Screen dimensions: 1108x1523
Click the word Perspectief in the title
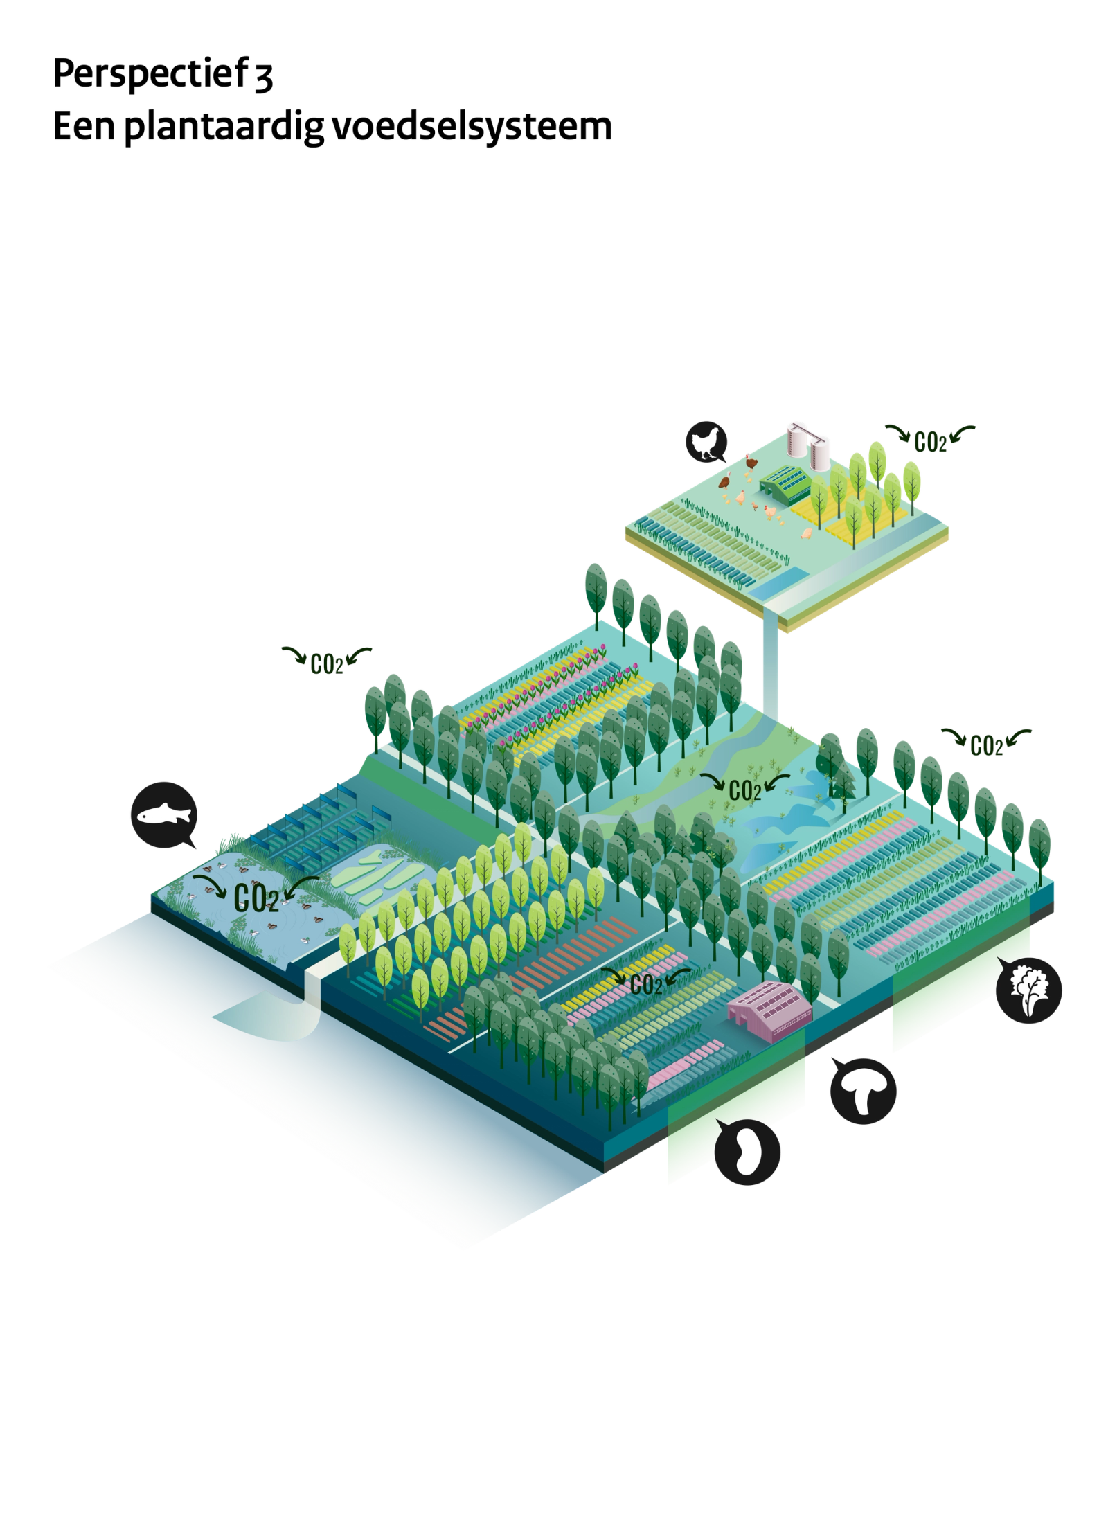(150, 73)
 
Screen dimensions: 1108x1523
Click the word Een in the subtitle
(84, 126)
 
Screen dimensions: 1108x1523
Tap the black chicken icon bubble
(706, 442)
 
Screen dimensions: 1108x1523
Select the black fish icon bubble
(164, 814)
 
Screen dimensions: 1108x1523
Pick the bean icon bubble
(747, 1152)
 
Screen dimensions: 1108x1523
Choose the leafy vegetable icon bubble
(1028, 990)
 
